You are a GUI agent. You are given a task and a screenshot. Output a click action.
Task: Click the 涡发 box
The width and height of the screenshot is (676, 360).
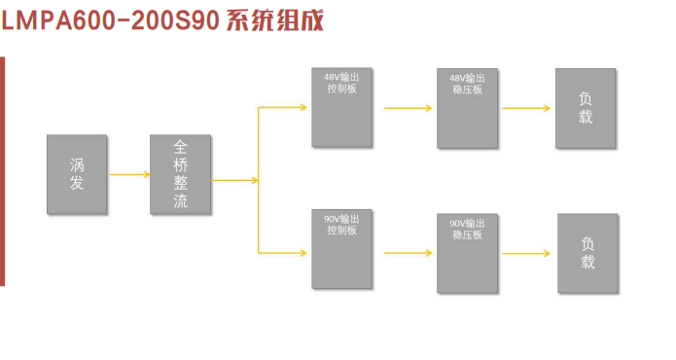77,174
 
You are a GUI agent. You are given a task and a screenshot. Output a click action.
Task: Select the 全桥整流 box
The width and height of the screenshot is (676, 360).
180,174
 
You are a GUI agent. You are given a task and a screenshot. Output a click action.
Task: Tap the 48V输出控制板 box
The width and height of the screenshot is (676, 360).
341,107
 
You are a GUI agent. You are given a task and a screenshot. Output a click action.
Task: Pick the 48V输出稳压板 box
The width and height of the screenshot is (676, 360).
468,108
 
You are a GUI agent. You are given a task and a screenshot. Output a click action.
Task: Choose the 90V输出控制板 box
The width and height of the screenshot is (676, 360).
341,249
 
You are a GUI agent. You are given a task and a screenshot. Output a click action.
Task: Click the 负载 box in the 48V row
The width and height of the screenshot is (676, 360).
585,108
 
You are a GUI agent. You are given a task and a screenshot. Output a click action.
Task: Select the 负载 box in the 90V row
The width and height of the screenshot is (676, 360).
587,253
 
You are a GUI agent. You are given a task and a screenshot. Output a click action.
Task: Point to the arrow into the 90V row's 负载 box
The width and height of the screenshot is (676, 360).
528,254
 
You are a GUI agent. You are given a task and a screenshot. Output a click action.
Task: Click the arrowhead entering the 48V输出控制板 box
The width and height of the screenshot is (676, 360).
304,107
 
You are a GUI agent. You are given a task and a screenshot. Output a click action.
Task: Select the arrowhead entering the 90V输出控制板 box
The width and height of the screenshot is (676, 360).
304,253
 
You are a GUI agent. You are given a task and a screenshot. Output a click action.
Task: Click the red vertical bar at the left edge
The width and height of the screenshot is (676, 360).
2,170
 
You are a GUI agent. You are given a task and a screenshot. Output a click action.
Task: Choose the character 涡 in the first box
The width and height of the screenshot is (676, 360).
77,163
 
